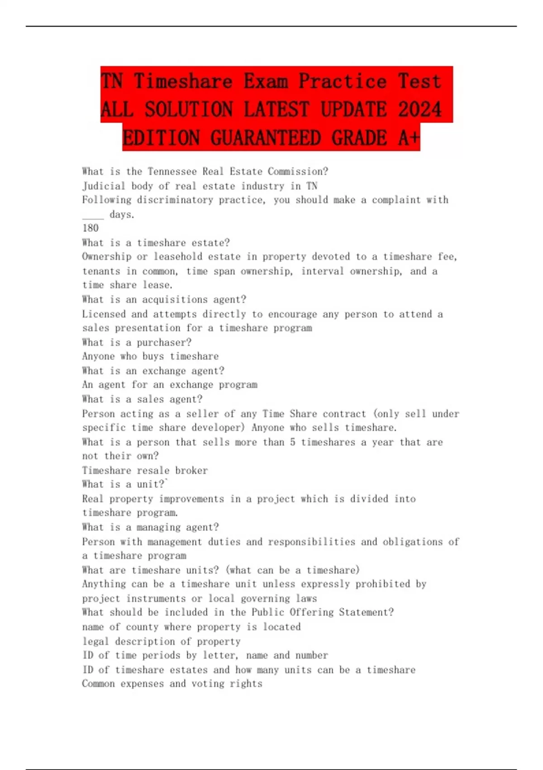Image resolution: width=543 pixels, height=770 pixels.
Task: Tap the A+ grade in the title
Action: [x=409, y=138]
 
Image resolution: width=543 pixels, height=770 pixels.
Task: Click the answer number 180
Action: [x=90, y=228]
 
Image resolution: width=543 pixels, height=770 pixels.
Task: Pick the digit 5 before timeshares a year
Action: [x=292, y=443]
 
